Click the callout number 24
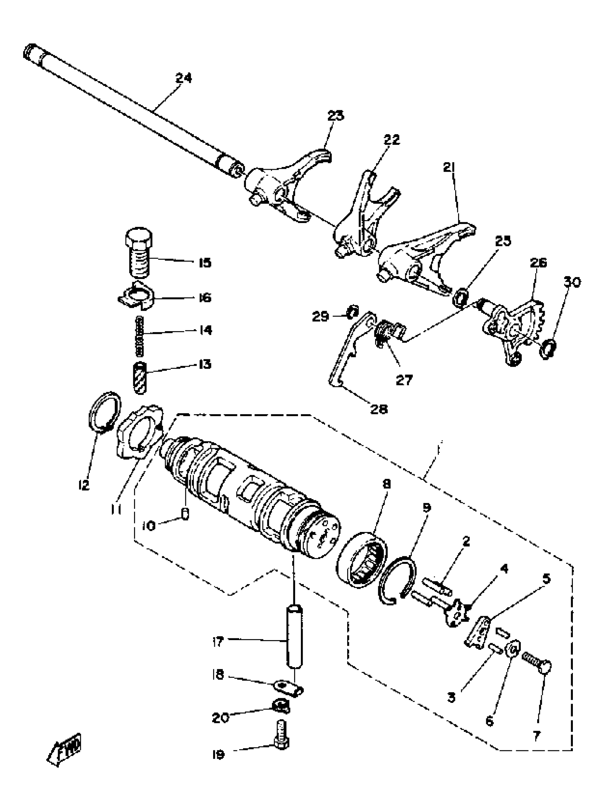click(x=183, y=78)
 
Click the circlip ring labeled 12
click(x=105, y=411)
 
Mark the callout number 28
click(x=379, y=409)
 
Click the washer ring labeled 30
click(x=548, y=348)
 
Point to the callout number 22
click(x=392, y=140)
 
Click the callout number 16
click(x=205, y=297)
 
